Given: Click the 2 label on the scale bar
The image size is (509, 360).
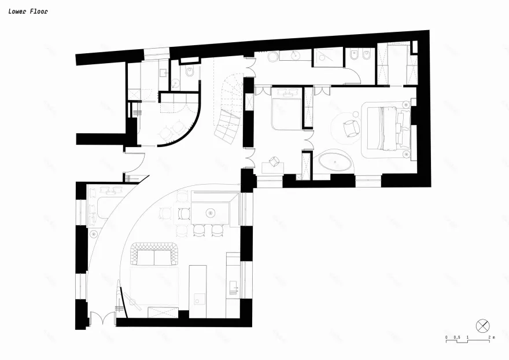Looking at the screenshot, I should tap(488, 337).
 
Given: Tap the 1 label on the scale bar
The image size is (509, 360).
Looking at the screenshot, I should tap(467, 337).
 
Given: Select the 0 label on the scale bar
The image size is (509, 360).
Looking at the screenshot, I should tap(447, 337).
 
